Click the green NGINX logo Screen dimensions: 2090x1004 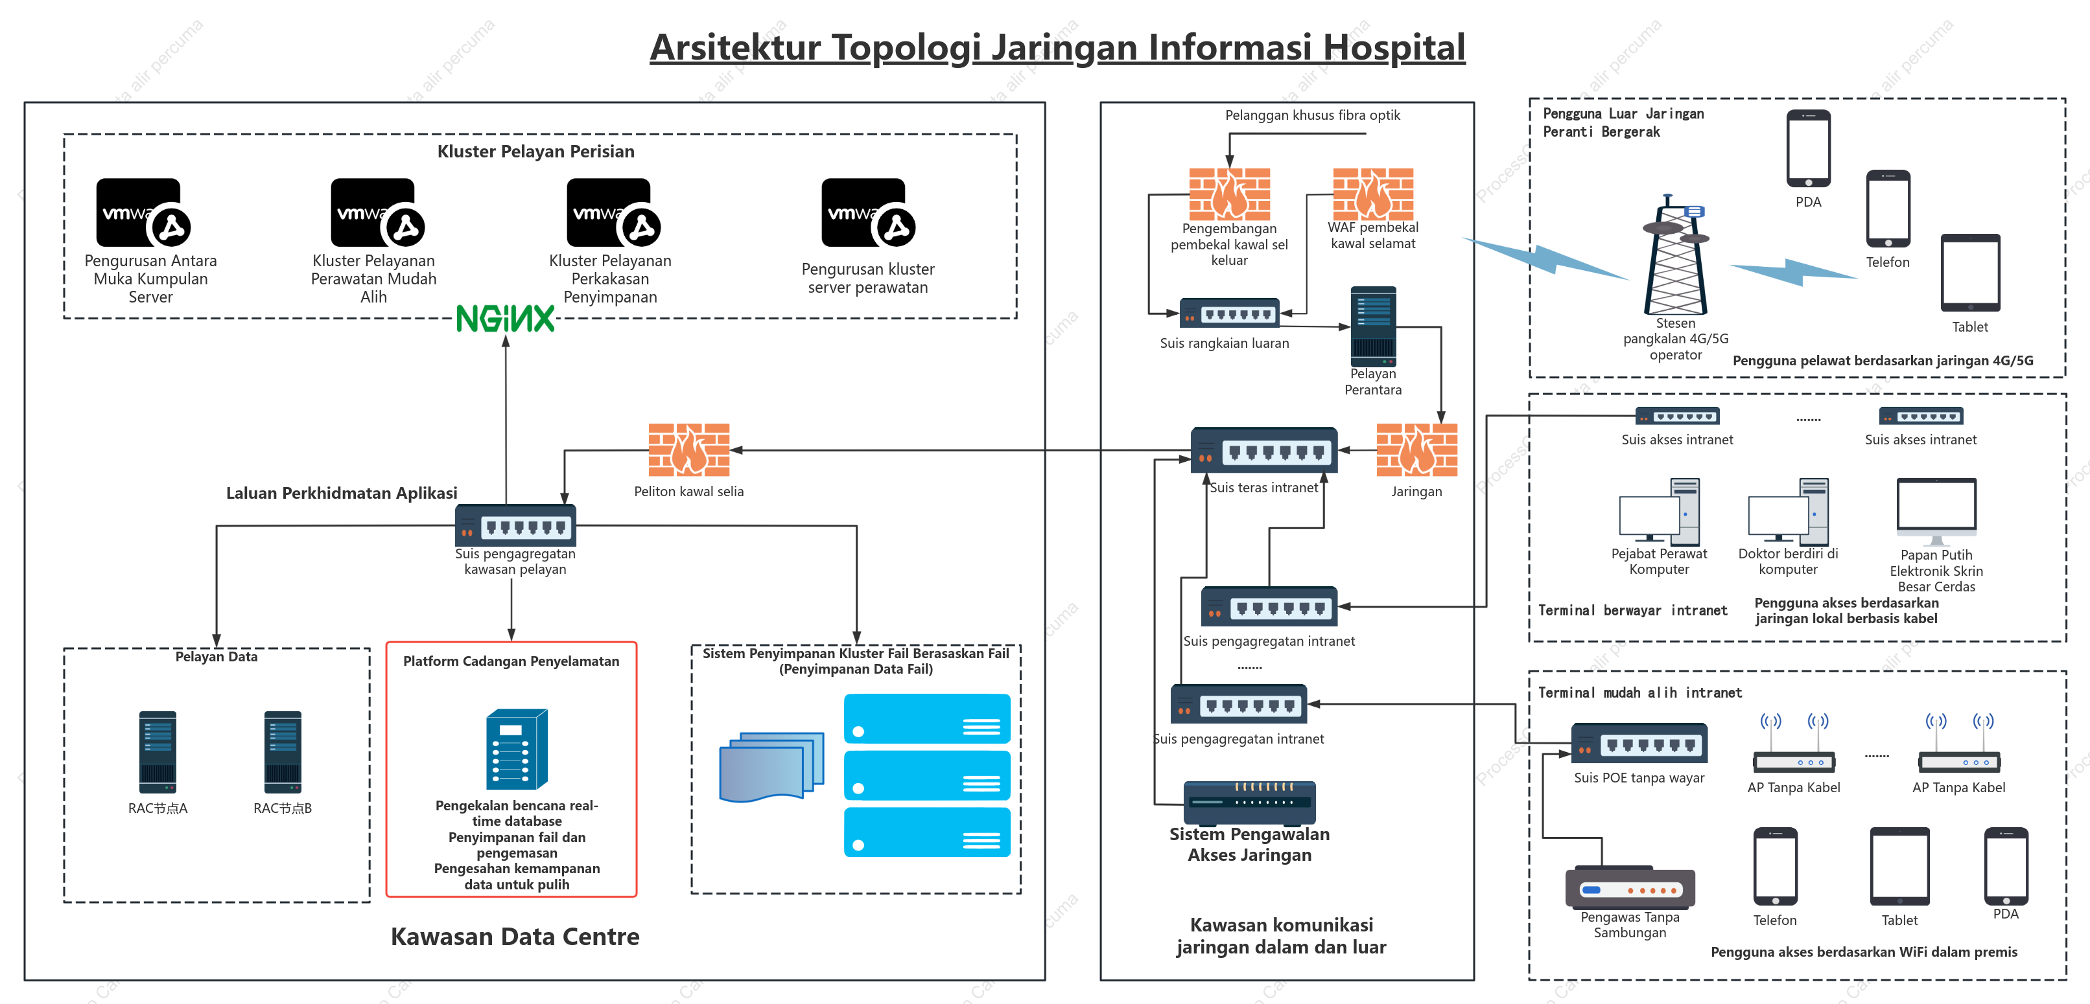(506, 319)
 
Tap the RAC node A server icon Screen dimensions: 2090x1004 (158, 752)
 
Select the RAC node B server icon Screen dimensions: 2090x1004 (283, 752)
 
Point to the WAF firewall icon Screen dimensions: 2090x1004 (1373, 194)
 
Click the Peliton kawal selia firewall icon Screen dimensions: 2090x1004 (689, 450)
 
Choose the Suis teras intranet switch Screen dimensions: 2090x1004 (1263, 450)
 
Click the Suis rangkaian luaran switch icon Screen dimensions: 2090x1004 (1229, 313)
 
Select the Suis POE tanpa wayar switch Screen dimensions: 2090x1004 (1639, 743)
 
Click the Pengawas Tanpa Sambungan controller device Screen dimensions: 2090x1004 (1629, 887)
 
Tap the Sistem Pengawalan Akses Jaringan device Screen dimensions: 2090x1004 (1249, 802)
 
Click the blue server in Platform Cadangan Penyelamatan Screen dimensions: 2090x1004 (517, 749)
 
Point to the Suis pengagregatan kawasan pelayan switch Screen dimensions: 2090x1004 (515, 525)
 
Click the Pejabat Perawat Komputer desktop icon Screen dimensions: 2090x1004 (1659, 511)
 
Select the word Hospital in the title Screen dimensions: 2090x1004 (1394, 47)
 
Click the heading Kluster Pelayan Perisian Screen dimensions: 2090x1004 (535, 151)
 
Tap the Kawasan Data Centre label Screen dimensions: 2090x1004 (515, 936)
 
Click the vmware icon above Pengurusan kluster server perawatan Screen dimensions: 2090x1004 (868, 212)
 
